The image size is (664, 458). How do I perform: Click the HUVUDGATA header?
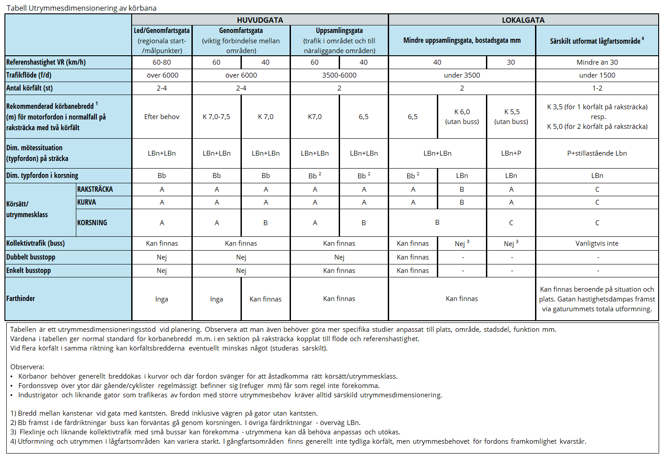coord(260,20)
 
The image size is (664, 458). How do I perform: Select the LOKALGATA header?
coord(523,20)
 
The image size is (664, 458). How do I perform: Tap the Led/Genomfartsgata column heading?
coord(162,31)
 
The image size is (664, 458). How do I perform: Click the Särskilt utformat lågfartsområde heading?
coord(597,41)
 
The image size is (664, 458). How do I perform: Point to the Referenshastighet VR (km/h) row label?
coord(46,62)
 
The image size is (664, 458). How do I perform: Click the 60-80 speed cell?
coord(162,62)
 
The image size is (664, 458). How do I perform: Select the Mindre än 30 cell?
coord(597,62)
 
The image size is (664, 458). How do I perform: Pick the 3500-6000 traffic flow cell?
coord(339,75)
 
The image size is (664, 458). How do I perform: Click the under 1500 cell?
coord(597,75)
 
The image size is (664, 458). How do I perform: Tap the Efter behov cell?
coord(162,117)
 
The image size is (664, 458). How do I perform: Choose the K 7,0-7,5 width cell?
coord(216,117)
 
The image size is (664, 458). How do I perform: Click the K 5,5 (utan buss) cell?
coord(511,117)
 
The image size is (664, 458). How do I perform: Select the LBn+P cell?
coord(511,153)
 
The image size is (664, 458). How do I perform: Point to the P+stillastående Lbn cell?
coord(597,153)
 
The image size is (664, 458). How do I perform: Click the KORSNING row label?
coord(92,223)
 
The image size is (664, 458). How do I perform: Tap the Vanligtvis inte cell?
coord(597,243)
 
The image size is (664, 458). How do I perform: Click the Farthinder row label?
coord(21,299)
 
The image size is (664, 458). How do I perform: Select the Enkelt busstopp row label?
coord(29,271)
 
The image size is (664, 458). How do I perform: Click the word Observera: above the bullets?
coord(27,367)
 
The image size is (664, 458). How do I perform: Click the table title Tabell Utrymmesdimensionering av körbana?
coord(82,8)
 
